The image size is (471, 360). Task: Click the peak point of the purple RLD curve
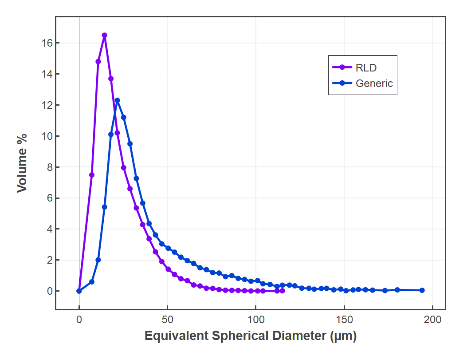point(105,35)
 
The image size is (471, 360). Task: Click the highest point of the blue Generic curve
point(117,100)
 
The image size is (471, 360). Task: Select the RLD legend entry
point(366,67)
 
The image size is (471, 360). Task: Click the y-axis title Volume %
point(22,163)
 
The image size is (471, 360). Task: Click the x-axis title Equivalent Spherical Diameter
point(251,336)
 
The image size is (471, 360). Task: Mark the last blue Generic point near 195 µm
point(422,290)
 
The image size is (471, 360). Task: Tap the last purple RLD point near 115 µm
point(283,291)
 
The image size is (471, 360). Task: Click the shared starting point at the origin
point(79,291)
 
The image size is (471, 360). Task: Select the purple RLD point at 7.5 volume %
point(92,175)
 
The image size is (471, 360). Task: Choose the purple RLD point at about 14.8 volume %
point(98,62)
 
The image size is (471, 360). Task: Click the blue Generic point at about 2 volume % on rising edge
point(98,260)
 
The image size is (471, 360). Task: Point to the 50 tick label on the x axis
point(167,320)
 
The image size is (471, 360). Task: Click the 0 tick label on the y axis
point(50,291)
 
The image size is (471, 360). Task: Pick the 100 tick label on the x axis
point(256,320)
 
